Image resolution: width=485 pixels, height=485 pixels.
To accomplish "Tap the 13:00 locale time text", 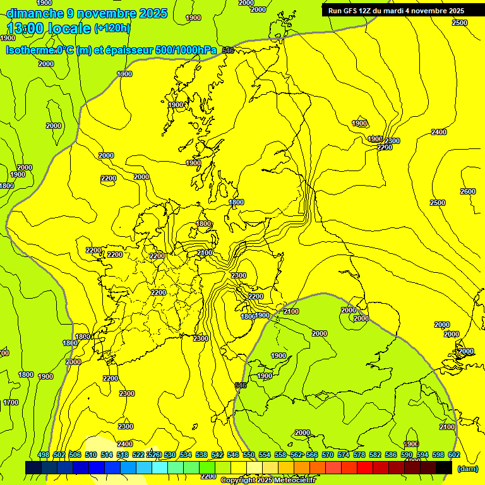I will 49,28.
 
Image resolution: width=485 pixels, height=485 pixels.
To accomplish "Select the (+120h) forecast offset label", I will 112,28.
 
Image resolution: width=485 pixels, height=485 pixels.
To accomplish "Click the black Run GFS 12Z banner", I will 396,10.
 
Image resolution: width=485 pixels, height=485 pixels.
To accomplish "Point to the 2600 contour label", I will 467,191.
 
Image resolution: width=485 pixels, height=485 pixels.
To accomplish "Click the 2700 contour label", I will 384,147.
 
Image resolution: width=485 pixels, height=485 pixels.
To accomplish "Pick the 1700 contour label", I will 10,402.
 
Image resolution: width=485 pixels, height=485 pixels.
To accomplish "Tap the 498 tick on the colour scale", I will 44,455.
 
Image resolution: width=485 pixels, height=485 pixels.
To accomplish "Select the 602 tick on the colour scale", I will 453,455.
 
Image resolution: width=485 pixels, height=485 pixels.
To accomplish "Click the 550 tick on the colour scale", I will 249,455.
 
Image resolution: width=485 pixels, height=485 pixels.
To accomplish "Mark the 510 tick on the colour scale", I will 91,455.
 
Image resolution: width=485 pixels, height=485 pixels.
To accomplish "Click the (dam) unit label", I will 467,469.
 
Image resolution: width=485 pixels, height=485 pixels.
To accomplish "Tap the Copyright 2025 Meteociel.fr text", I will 268,481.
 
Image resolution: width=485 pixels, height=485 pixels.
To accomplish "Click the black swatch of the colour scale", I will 444,467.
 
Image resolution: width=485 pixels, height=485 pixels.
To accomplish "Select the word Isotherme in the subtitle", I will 28,50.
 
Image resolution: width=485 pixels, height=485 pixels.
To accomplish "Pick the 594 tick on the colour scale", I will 422,455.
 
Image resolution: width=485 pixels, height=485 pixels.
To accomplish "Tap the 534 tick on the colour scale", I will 186,455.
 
